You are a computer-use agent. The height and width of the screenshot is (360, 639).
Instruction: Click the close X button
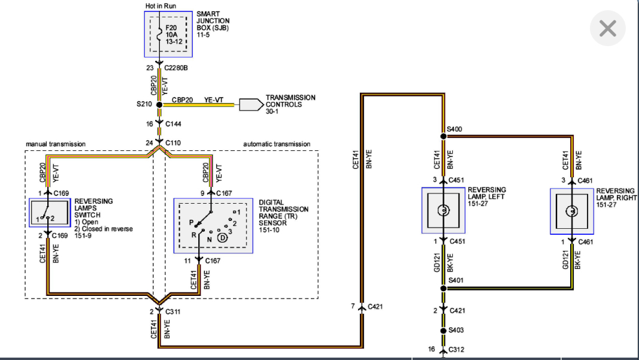point(607,28)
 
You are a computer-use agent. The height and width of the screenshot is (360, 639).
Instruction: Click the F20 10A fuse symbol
point(159,35)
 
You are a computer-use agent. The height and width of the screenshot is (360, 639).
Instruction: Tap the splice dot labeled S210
point(159,104)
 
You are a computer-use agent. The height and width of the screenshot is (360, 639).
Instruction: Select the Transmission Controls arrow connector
point(251,104)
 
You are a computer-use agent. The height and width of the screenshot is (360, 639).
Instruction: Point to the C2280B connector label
point(176,68)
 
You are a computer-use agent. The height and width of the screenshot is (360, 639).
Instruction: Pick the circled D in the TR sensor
point(222,238)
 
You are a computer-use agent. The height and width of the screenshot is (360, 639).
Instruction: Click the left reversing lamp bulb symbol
point(443,211)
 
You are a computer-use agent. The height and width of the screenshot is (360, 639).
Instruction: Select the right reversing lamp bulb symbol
point(572,211)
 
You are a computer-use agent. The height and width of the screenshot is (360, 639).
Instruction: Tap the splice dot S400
point(443,136)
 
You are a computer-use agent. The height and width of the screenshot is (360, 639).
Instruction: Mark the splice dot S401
point(443,288)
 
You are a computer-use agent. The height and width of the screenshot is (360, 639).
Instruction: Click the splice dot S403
point(443,330)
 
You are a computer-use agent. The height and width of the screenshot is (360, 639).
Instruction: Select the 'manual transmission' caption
point(56,144)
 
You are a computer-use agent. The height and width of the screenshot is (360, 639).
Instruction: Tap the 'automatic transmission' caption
point(277,144)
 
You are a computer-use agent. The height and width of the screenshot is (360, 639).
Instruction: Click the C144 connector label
point(173,124)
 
